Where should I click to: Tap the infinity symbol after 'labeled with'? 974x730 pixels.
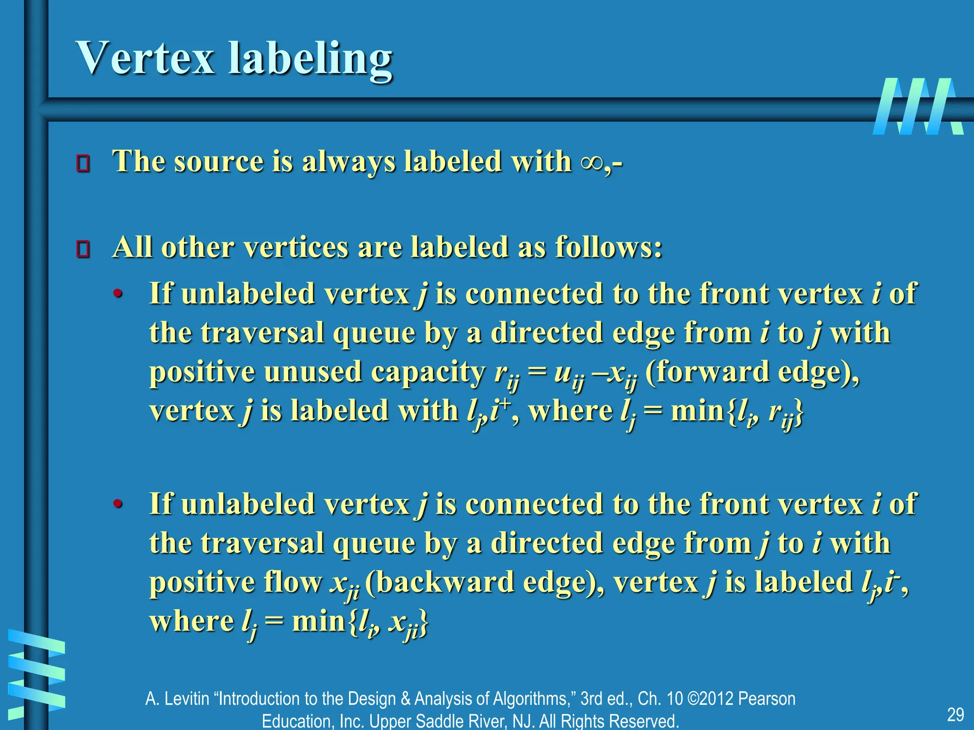591,163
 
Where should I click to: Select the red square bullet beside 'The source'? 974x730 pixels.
83,163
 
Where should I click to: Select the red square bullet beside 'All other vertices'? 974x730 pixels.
83,249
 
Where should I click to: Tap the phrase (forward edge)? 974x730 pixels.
751,372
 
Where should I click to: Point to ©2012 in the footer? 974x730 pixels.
710,699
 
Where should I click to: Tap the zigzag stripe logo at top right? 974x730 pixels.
918,106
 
